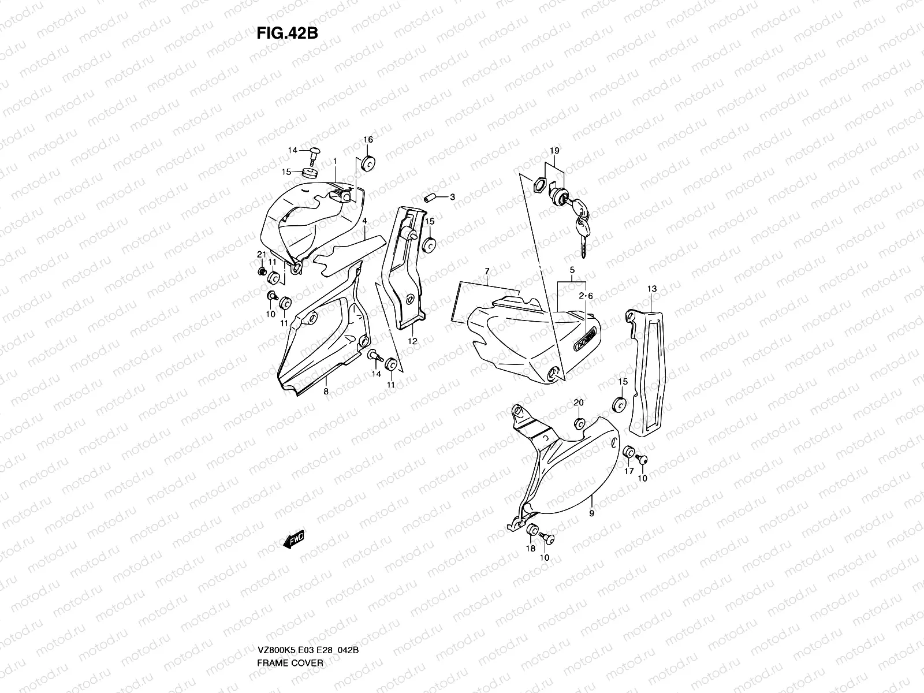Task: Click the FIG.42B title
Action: (x=287, y=33)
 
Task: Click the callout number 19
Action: (x=554, y=151)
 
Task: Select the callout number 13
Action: (x=651, y=288)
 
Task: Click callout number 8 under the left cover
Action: (x=326, y=392)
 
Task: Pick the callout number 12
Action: (x=412, y=341)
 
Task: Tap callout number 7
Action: (x=487, y=271)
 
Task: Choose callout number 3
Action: (x=452, y=197)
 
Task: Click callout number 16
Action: (x=368, y=140)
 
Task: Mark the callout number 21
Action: (x=260, y=255)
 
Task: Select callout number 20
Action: (x=578, y=403)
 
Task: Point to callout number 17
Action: (x=629, y=471)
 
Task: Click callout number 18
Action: (x=530, y=549)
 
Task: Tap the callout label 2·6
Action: (x=586, y=296)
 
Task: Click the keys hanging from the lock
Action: (x=582, y=228)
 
